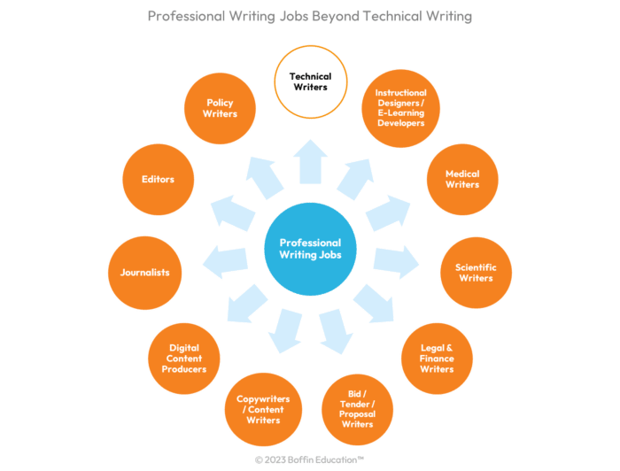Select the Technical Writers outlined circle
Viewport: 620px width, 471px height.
pos(309,82)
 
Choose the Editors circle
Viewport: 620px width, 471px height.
pos(158,179)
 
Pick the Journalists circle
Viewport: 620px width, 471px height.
pos(144,272)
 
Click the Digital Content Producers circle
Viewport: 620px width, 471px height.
pos(184,358)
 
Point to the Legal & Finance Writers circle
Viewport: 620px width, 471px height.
pos(437,359)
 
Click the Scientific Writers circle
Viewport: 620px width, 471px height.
pos(476,272)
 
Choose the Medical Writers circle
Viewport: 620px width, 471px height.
pos(462,180)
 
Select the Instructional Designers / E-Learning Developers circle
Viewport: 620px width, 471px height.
pos(400,108)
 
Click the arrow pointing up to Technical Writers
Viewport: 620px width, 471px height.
pos(309,164)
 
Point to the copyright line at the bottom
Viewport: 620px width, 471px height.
pos(309,460)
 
